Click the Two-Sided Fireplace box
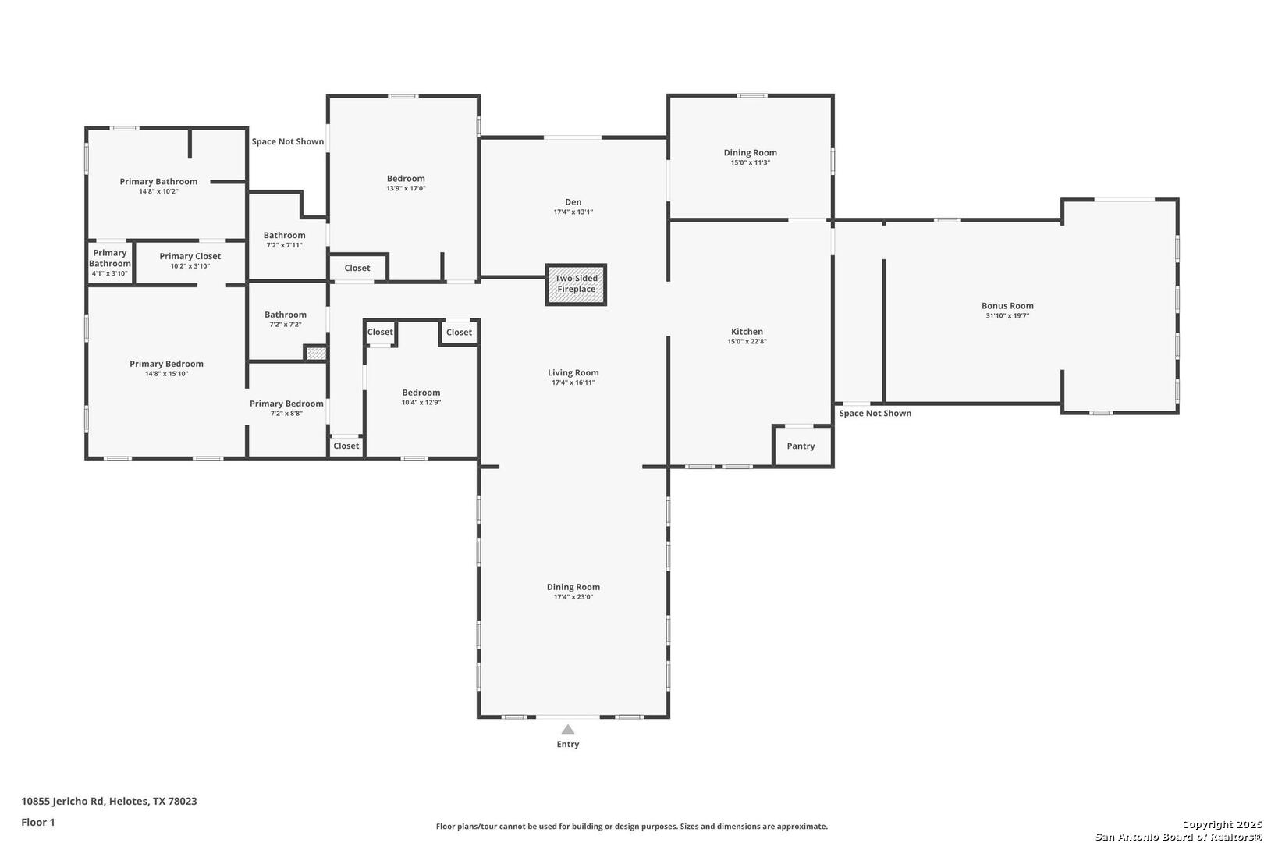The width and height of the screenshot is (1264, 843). [x=576, y=285]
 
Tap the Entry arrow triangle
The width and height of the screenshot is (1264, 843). [x=568, y=729]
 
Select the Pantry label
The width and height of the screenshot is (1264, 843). [x=801, y=446]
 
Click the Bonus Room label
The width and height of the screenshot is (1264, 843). [x=1007, y=306]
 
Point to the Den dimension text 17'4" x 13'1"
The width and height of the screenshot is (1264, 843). [x=573, y=212]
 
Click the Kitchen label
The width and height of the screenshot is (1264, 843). [x=747, y=332]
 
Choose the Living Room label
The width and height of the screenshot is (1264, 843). [x=573, y=372]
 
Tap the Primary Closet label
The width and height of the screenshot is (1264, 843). [x=190, y=256]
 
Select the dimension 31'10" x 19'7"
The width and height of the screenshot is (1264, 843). [x=1007, y=315]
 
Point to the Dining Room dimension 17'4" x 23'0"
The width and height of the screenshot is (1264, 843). [x=573, y=597]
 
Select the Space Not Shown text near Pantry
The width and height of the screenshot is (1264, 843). [x=875, y=414]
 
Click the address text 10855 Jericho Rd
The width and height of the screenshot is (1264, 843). [x=62, y=801]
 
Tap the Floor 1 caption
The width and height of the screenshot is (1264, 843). [x=37, y=822]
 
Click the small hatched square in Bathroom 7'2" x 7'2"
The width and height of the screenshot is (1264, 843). [x=315, y=354]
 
